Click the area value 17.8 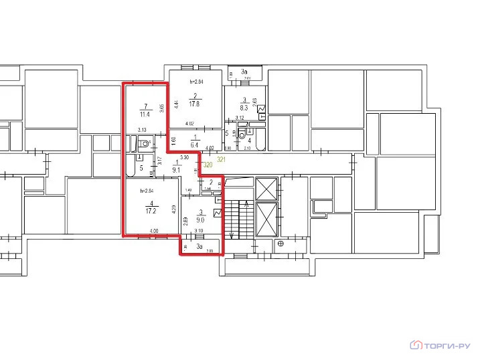tap(195, 104)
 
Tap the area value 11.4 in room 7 tap(143, 114)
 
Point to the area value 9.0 tap(199, 219)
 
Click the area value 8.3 tap(244, 107)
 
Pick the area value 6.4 tap(195, 144)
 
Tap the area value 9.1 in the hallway tap(177, 169)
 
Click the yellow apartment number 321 tap(222, 161)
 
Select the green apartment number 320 tap(208, 165)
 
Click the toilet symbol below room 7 tap(146, 143)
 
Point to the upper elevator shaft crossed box tap(266, 189)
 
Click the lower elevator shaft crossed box tap(266, 220)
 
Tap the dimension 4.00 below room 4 tap(155, 232)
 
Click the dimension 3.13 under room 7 tap(143, 130)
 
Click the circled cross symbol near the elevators tap(281, 244)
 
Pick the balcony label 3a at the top tap(245, 72)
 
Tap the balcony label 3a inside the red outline tap(199, 246)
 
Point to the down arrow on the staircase tap(232, 234)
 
